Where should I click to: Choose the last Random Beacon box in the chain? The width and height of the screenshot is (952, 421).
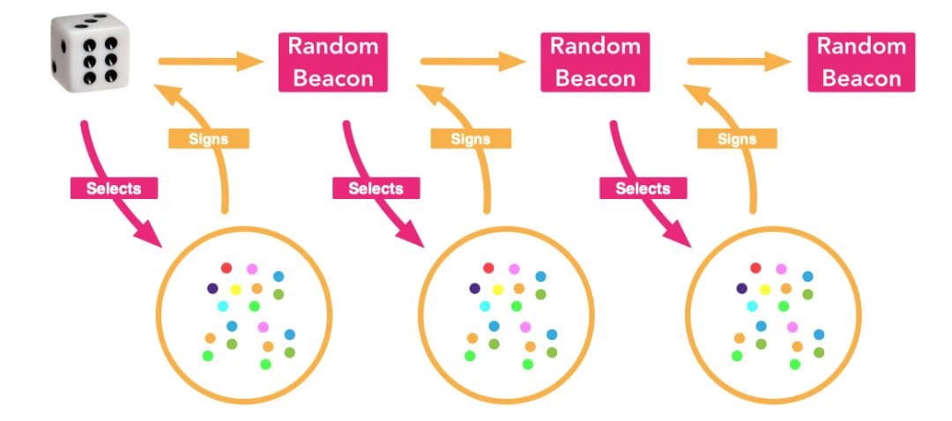coord(861,62)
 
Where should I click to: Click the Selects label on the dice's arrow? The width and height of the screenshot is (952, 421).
coord(115,188)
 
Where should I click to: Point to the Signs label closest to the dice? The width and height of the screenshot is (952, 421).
coord(208,138)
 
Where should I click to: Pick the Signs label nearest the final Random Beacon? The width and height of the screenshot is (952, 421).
coord(737,138)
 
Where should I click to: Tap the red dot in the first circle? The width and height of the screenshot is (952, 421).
coord(227,267)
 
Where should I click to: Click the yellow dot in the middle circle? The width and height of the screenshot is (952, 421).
coord(498,289)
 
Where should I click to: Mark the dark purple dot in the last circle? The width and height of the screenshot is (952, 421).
coord(741,288)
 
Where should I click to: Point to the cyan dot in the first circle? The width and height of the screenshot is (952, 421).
coord(223,306)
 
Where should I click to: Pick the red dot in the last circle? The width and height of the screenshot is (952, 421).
coord(755,267)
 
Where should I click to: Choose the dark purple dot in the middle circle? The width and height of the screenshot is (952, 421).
coord(475,288)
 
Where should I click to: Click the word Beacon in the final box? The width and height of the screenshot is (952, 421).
coord(861,78)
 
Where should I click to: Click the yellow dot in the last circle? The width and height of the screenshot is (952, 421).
coord(764,289)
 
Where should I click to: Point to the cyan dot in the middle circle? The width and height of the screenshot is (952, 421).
coord(486,306)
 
